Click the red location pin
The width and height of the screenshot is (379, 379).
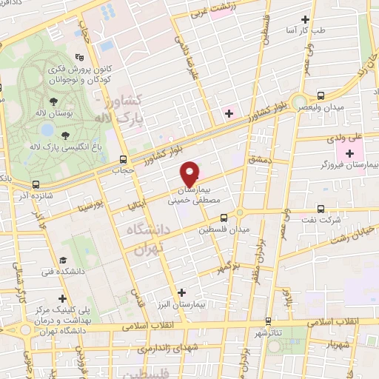click(x=190, y=173)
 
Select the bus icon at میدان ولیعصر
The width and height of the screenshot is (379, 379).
click(x=321, y=95)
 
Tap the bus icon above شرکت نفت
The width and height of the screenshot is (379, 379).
click(x=321, y=209)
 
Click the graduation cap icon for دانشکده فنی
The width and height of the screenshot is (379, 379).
click(x=64, y=260)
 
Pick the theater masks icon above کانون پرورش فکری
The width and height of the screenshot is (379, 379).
click(x=81, y=58)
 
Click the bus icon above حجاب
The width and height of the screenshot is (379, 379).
click(x=123, y=158)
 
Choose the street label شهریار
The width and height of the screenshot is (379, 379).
click(x=335, y=344)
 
